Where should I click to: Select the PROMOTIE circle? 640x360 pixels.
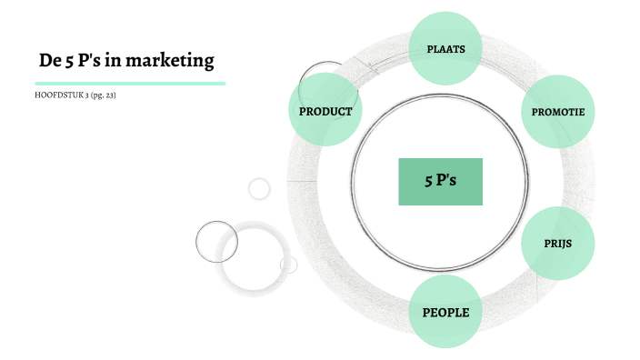pos(558,112)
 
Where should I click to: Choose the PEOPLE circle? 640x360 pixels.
pos(445,313)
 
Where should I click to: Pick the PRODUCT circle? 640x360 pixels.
pos(325,111)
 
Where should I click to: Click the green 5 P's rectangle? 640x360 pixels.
pos(440,181)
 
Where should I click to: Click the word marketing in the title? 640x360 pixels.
pos(173,62)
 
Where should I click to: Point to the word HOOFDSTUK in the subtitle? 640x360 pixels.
pos(59,95)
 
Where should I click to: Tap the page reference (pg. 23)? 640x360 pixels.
pos(103,95)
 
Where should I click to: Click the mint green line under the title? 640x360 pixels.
pos(128,83)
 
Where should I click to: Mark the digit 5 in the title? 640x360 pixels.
pos(71,62)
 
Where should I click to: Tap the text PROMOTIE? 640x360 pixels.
pos(558,113)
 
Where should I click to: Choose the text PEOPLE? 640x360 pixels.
pos(445,313)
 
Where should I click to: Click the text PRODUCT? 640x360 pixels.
pos(325,111)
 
